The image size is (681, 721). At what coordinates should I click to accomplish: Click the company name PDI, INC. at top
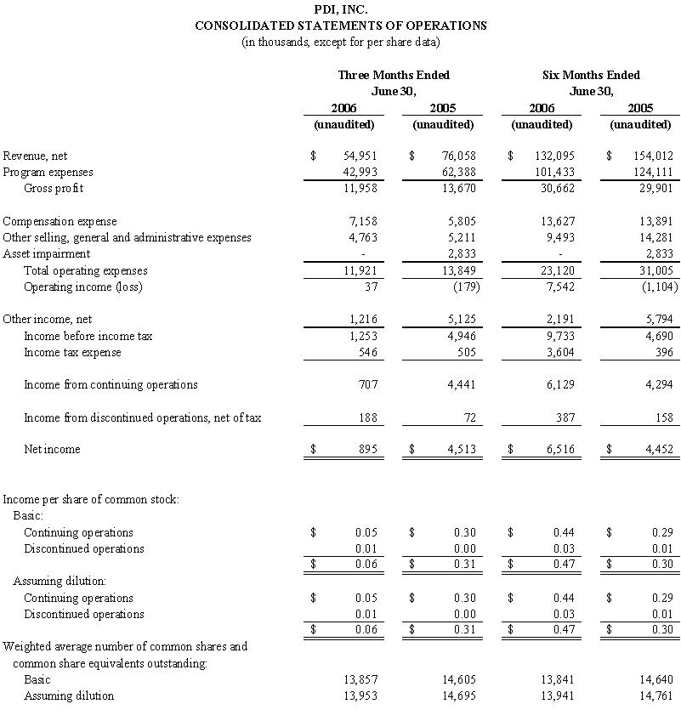(340, 9)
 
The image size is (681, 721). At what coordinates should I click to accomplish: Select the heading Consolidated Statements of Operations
(340, 26)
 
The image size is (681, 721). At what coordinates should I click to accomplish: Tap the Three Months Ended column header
(394, 75)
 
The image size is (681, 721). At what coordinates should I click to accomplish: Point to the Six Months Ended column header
(591, 75)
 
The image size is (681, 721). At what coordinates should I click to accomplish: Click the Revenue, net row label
(36, 156)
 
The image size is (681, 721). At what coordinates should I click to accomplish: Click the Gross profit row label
(54, 188)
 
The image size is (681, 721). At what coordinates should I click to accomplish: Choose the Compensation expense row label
(60, 222)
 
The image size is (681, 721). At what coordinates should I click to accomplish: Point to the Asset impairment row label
(47, 254)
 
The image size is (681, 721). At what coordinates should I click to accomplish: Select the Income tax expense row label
(72, 352)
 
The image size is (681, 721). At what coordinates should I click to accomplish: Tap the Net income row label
(52, 449)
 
